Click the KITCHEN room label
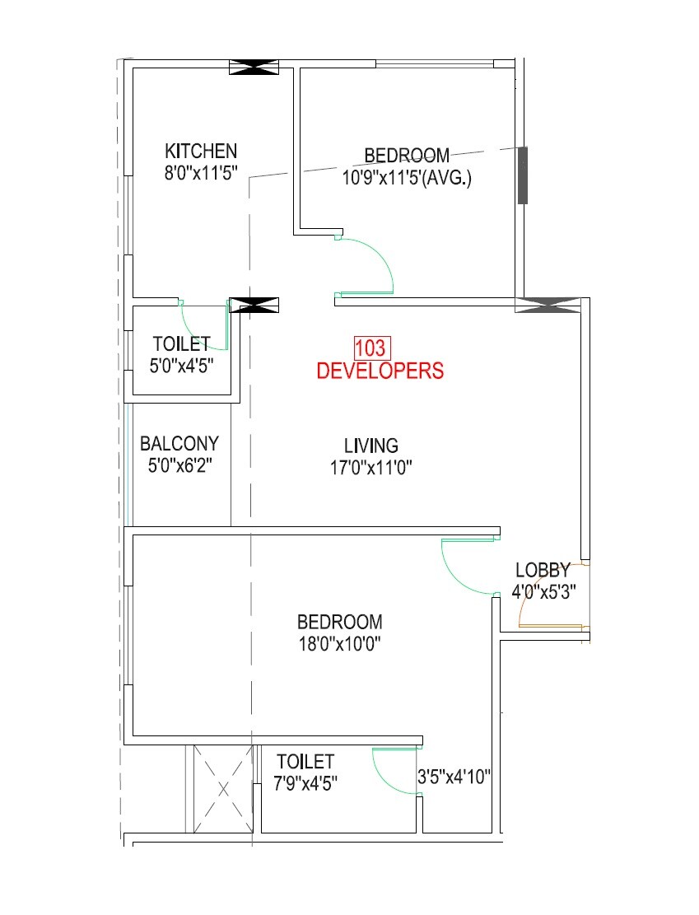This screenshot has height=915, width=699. [x=201, y=151]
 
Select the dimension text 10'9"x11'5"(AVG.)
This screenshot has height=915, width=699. [x=407, y=178]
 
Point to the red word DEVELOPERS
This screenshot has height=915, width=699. [x=380, y=371]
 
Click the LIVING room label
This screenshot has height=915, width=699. [x=370, y=446]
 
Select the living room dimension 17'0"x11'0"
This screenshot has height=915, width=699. [x=370, y=468]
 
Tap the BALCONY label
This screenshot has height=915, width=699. [x=179, y=443]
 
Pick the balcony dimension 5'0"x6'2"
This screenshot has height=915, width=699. [x=179, y=465]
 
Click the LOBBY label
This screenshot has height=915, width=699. [x=543, y=570]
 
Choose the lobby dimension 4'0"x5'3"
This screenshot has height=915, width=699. [x=543, y=591]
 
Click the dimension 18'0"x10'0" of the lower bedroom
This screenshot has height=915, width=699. [x=339, y=643]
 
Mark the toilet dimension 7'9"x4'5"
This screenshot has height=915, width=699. [x=305, y=782]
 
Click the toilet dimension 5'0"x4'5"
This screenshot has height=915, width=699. [x=181, y=366]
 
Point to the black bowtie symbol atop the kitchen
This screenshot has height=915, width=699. [x=254, y=68]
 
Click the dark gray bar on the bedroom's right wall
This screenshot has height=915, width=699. [x=522, y=175]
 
